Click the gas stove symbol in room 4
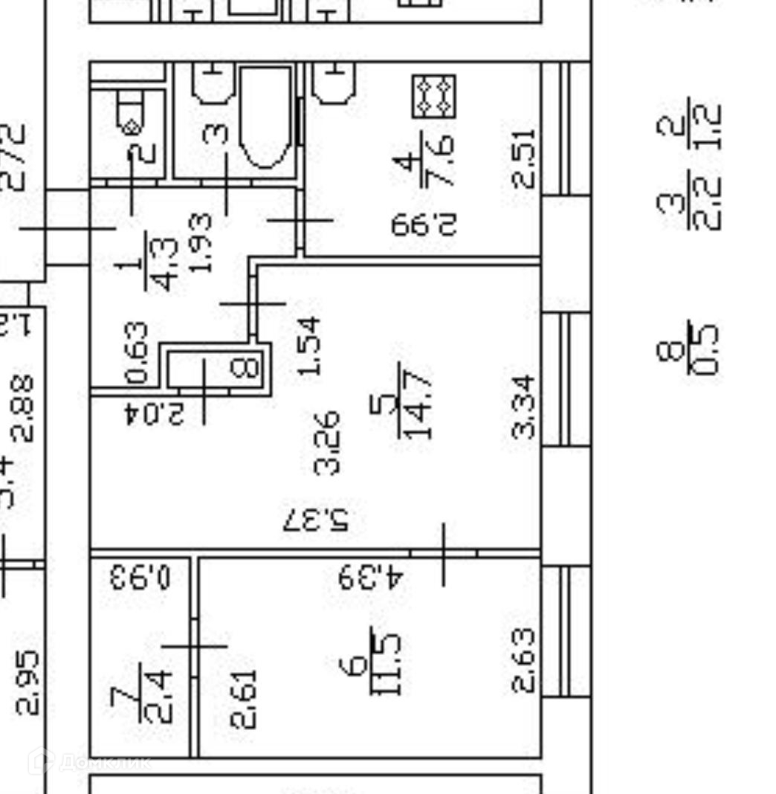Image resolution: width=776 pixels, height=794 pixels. pyautogui.click(x=434, y=96)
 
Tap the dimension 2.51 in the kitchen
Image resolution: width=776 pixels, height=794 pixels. pyautogui.click(x=523, y=158)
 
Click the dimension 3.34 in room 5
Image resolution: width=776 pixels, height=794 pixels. pyautogui.click(x=523, y=406)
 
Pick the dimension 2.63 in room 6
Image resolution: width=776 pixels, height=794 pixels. pyautogui.click(x=523, y=660)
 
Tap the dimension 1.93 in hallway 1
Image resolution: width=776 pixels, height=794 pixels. pyautogui.click(x=200, y=242)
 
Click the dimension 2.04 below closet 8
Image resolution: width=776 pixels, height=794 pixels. pyautogui.click(x=154, y=413)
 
